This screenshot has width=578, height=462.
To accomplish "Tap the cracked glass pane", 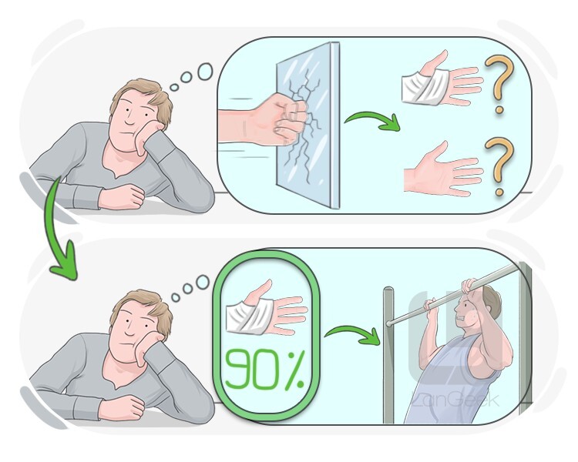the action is point(307,126).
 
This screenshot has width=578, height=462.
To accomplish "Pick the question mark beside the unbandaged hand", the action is point(499,166).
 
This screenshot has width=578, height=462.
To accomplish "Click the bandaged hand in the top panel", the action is point(441,82).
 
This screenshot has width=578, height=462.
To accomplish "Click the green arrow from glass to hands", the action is point(372,121).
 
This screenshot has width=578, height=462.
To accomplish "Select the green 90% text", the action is point(264,370).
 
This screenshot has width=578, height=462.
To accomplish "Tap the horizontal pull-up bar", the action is point(452,295).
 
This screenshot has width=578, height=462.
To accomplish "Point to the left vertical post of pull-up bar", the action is point(388,356).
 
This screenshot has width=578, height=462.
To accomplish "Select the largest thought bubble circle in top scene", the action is point(205,71).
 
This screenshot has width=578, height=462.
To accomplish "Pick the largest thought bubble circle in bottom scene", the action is point(203,283).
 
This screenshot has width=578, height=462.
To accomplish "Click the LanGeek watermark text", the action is point(455,400).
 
